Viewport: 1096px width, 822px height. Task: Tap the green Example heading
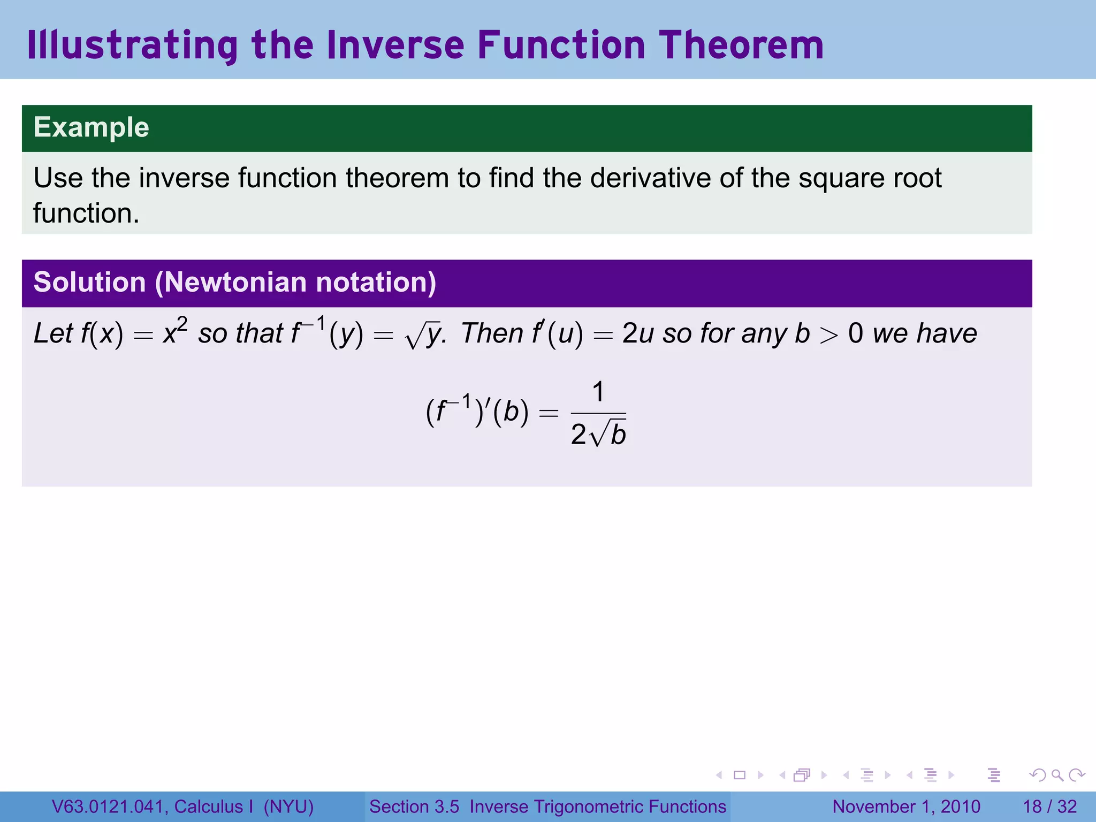[91, 127]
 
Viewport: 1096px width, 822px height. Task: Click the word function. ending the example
[86, 213]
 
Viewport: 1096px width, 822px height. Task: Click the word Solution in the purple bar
[89, 282]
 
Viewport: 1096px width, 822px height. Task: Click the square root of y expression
[424, 334]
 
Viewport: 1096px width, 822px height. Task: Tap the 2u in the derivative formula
[638, 333]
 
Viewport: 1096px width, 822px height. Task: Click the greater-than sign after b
[828, 336]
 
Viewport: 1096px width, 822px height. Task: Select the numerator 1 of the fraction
[598, 392]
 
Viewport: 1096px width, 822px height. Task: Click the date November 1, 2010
[906, 806]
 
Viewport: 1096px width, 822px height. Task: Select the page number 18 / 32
[1049, 806]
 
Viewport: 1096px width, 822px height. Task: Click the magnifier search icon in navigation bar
[1057, 775]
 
